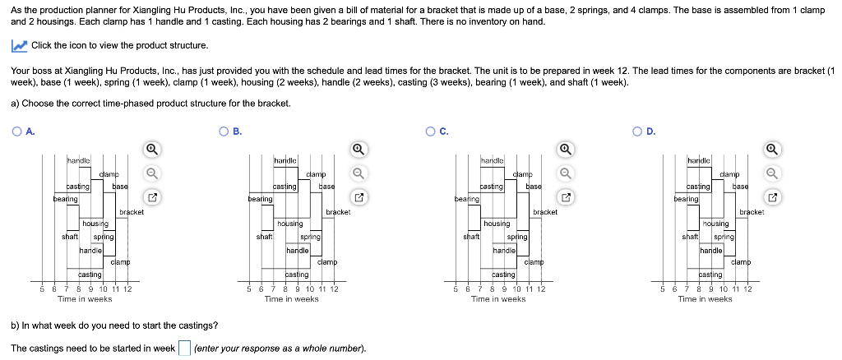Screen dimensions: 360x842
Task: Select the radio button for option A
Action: [16, 131]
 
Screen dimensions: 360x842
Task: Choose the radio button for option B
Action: [224, 131]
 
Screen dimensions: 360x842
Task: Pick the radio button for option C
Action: [431, 131]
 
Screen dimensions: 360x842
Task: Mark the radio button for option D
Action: [638, 131]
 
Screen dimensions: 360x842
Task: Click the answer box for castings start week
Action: [185, 348]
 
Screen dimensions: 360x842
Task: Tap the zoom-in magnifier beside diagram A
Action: [151, 150]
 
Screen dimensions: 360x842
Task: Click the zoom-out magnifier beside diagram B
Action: [359, 173]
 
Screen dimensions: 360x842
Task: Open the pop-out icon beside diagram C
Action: [566, 197]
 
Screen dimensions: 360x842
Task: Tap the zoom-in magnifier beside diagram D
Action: [773, 150]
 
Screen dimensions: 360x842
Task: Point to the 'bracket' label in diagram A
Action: [132, 212]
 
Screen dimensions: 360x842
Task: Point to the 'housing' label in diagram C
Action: [497, 224]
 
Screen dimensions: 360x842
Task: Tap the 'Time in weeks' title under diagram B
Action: [291, 299]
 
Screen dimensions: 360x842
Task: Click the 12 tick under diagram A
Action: [127, 288]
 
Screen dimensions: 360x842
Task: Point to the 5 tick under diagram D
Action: [664, 288]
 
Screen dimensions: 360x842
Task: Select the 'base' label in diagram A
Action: [119, 187]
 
